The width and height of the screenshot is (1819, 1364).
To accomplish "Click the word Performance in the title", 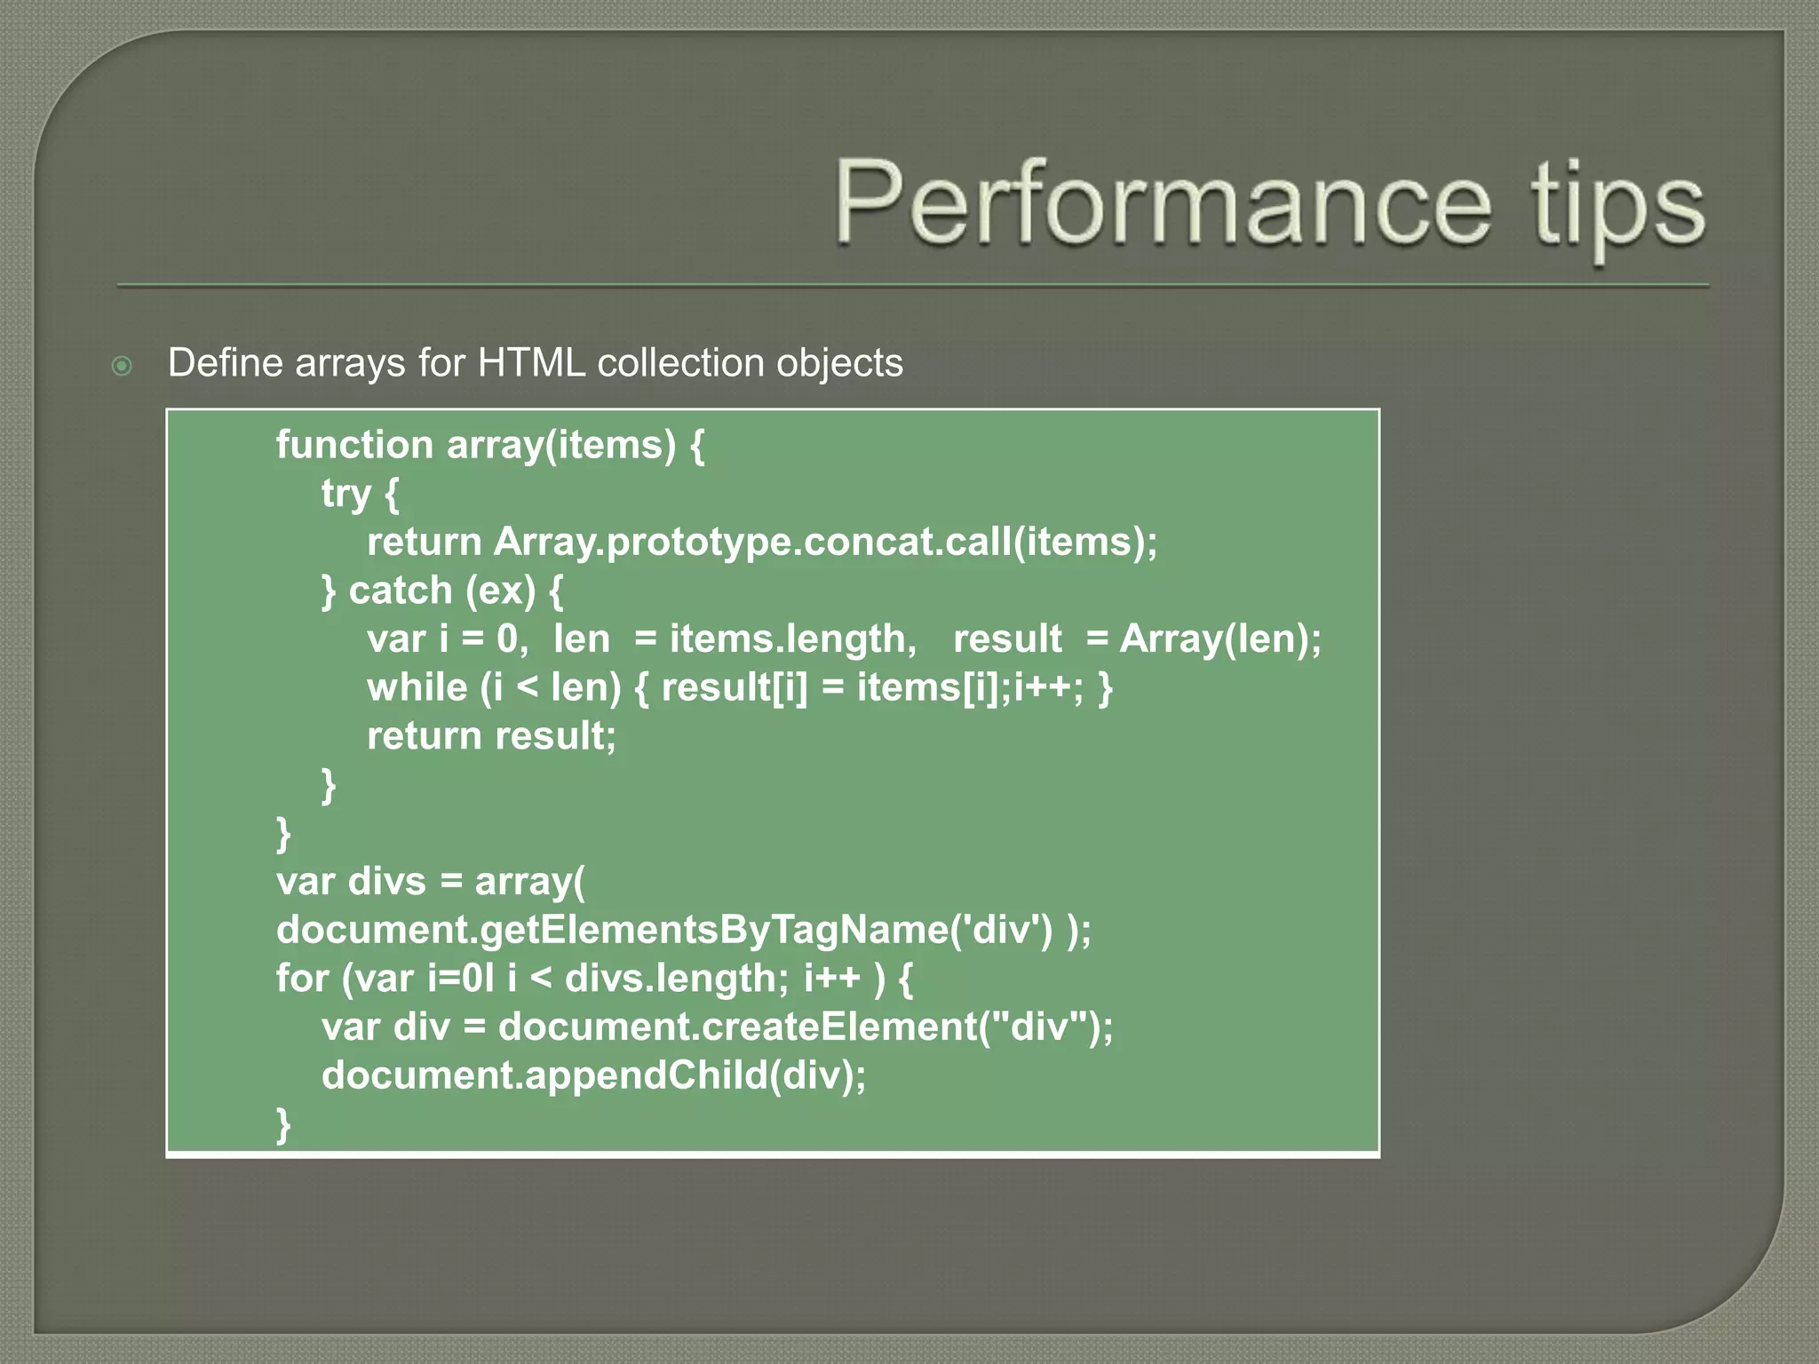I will point(1162,202).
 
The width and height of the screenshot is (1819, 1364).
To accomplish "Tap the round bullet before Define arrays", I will point(123,366).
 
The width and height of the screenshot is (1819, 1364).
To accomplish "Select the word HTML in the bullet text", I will point(531,363).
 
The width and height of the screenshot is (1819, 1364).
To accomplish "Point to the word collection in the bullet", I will point(680,363).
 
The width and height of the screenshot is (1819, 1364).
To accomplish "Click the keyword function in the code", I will point(354,444).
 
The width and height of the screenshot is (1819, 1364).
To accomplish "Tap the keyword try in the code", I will point(346,494).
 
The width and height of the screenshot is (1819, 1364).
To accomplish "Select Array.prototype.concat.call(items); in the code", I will point(825,542).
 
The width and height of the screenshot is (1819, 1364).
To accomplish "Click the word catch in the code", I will point(401,591).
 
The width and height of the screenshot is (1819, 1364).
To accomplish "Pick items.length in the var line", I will point(792,639).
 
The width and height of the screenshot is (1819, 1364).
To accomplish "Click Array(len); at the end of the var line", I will point(1220,639).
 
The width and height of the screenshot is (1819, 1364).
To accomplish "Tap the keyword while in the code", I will point(417,687).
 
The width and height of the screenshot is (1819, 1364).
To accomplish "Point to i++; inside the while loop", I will point(1048,687).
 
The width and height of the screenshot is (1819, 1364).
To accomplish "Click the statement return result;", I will point(491,736).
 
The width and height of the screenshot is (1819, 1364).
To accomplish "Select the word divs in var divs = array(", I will point(387,882).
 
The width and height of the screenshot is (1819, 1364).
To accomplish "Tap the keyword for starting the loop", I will point(302,979).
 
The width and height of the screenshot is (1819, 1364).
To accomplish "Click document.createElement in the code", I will point(737,1027).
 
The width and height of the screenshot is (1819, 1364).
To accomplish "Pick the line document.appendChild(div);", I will point(593,1075).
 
